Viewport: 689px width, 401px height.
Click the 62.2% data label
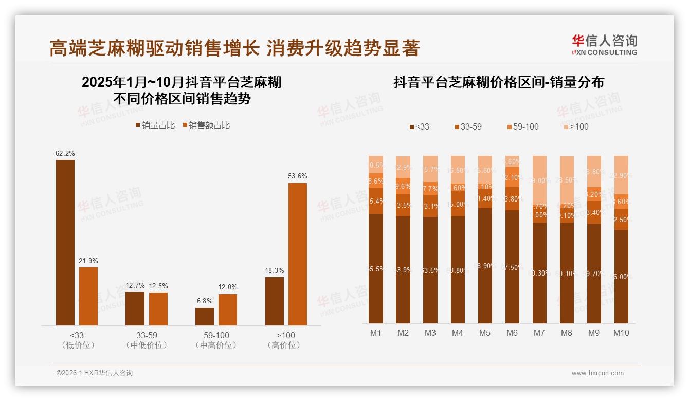pyautogui.click(x=65, y=153)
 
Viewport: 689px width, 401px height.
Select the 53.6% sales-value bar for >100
pyautogui.click(x=297, y=254)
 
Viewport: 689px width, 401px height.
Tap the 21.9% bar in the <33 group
pyautogui.click(x=88, y=296)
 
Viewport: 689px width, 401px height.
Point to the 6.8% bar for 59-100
pyautogui.click(x=205, y=316)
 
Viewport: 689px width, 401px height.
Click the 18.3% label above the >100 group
pyautogui.click(x=275, y=270)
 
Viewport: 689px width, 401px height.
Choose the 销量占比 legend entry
pyautogui.click(x=155, y=125)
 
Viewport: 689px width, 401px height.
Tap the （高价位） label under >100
pyautogui.click(x=284, y=345)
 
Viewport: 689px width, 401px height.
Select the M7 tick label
pyautogui.click(x=539, y=333)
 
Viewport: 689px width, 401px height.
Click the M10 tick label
pyautogui.click(x=621, y=333)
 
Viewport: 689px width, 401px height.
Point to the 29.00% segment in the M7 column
pyautogui.click(x=539, y=180)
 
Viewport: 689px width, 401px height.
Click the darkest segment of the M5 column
pyautogui.click(x=485, y=265)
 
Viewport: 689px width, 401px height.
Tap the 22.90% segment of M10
pyautogui.click(x=621, y=175)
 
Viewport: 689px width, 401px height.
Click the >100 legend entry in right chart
pyautogui.click(x=575, y=126)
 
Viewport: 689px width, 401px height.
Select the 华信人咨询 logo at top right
pyautogui.click(x=604, y=45)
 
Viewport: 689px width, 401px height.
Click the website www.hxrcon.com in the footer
pyautogui.click(x=597, y=373)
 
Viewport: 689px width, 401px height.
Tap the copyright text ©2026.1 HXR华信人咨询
pyautogui.click(x=94, y=373)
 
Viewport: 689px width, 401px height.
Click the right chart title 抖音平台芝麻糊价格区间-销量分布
pyautogui.click(x=498, y=82)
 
